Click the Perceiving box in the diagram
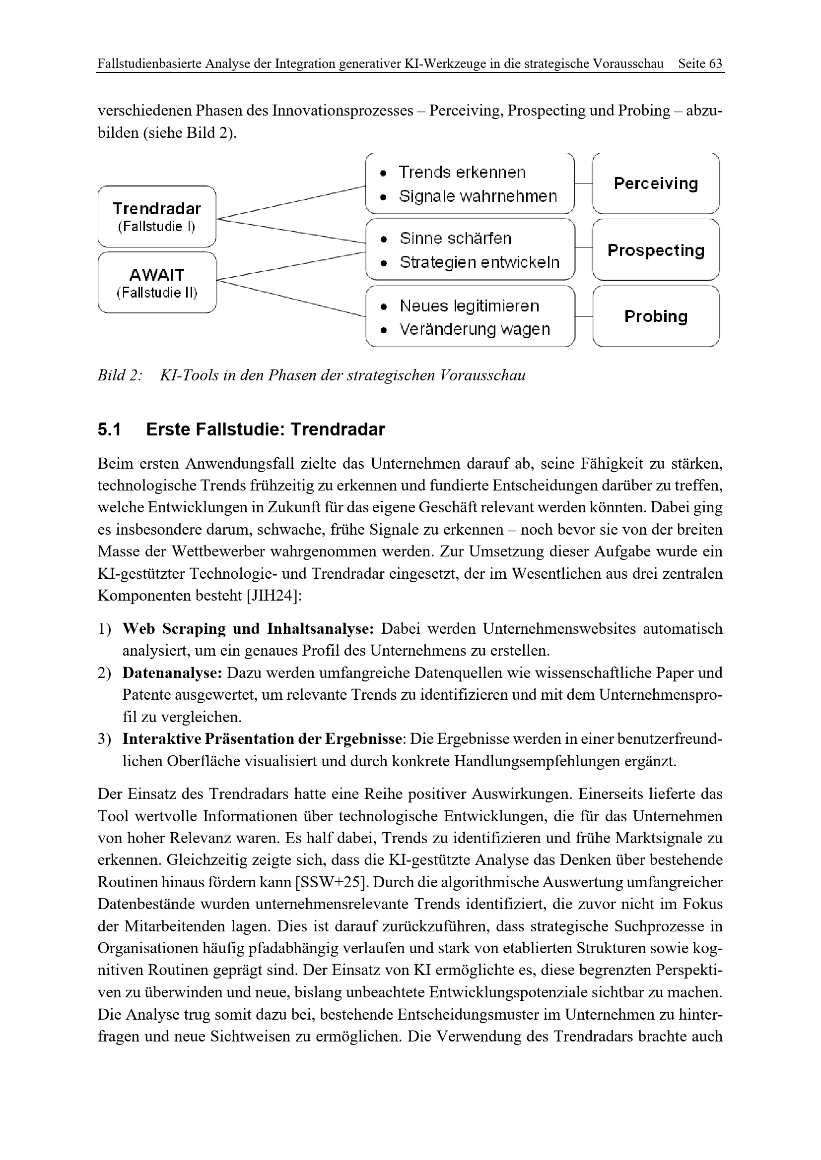656,183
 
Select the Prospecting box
656,250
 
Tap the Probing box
656,316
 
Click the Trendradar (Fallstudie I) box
157,216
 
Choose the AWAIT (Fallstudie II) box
157,282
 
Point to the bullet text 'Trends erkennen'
462,172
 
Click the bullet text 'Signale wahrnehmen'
478,196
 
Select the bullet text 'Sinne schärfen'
455,239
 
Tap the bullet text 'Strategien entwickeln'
479,262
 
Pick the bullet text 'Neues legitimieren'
469,305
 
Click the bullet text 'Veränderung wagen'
474,329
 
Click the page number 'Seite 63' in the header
700,63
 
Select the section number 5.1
109,429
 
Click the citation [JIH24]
274,596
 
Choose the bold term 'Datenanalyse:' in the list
172,673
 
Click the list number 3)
104,739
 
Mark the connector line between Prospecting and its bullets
583,248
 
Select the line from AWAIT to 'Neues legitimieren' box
291,299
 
